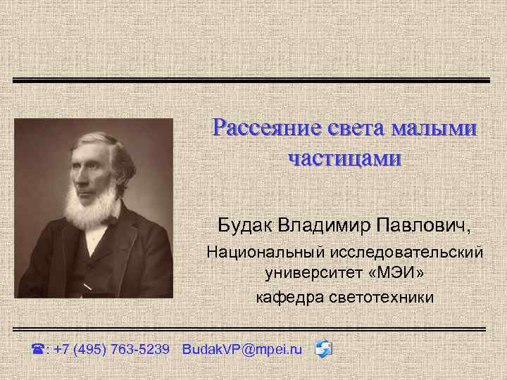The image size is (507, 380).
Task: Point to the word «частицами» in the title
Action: coord(344,158)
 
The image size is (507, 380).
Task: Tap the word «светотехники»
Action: coord(381,298)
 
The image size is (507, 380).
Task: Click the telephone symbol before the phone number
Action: coord(38,349)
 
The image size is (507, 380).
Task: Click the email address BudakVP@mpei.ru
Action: coord(242,349)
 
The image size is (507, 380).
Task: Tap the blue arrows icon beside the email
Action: coord(324,348)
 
